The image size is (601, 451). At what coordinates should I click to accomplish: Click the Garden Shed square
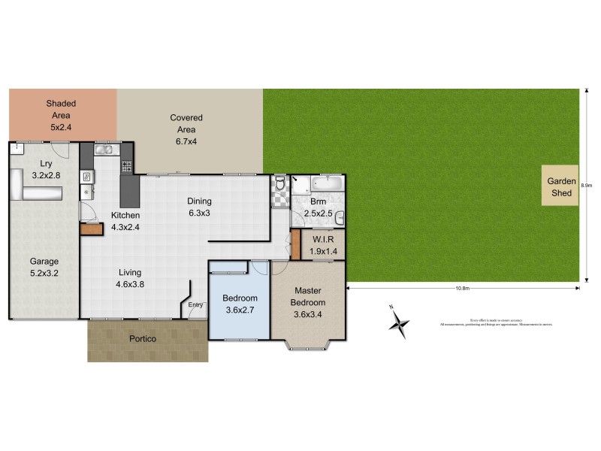[x=560, y=186]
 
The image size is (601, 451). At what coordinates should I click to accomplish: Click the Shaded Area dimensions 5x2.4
[x=61, y=128]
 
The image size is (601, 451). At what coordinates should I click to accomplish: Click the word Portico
[x=141, y=339]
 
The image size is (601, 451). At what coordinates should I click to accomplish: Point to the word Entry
[x=196, y=304]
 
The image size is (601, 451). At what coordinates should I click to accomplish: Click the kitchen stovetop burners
[x=125, y=165]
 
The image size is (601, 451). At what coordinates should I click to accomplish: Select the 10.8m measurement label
[x=462, y=289]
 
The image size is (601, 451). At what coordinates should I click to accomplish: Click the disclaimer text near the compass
[x=485, y=322]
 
